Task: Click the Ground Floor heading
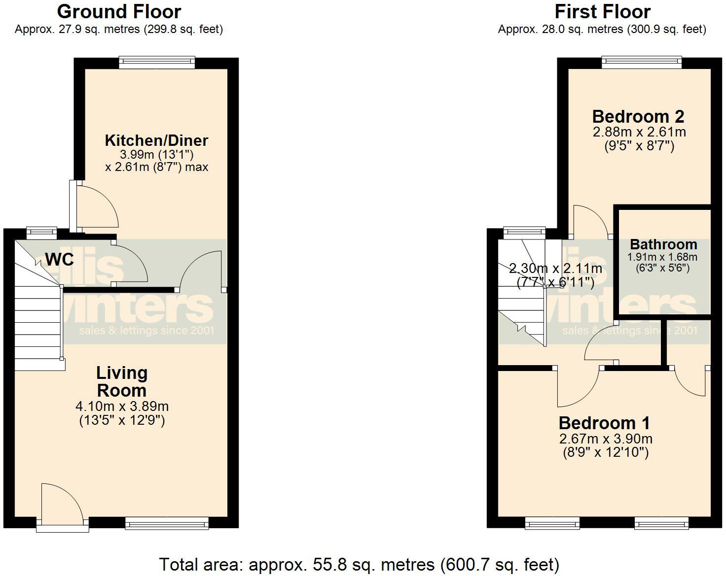click(x=119, y=11)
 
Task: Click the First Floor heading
click(x=602, y=11)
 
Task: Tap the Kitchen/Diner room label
click(x=156, y=140)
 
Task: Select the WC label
click(x=60, y=259)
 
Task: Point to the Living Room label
click(x=122, y=381)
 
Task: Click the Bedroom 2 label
click(x=638, y=117)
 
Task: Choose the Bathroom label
click(x=663, y=244)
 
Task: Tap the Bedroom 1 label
click(x=604, y=423)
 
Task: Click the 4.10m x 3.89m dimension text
click(x=122, y=407)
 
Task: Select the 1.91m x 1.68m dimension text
click(x=662, y=257)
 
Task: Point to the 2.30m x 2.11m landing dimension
click(x=555, y=269)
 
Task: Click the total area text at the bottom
click(x=359, y=564)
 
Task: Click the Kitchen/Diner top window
click(x=157, y=62)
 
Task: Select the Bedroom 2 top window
click(x=642, y=62)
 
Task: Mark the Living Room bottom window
click(x=167, y=523)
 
